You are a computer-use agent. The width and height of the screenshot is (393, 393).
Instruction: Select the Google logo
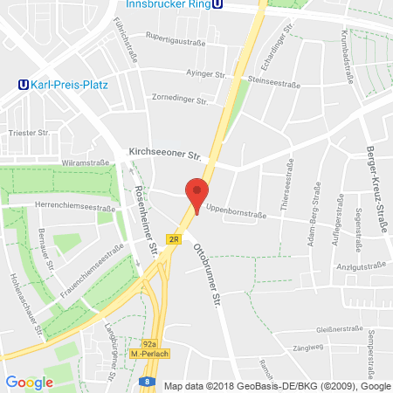pos(29,382)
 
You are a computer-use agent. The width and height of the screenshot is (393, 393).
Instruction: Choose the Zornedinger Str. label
pos(179,100)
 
